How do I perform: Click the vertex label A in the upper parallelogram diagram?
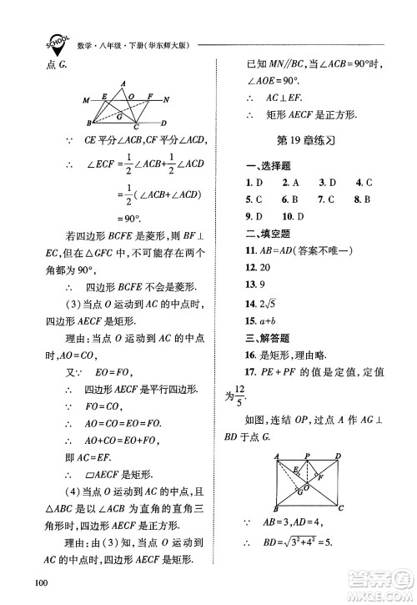123,83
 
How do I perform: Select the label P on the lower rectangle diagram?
307,456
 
